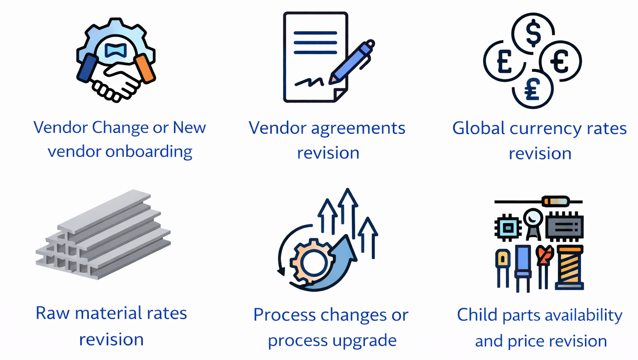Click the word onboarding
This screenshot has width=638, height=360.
[x=149, y=151]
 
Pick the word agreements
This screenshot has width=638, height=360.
[x=358, y=128]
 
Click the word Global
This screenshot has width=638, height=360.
[x=478, y=128]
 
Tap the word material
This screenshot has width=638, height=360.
[x=101, y=313]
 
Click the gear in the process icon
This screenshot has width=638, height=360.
[x=312, y=262]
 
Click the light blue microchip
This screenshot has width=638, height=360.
[x=508, y=228]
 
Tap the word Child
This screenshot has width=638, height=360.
[x=477, y=315]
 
